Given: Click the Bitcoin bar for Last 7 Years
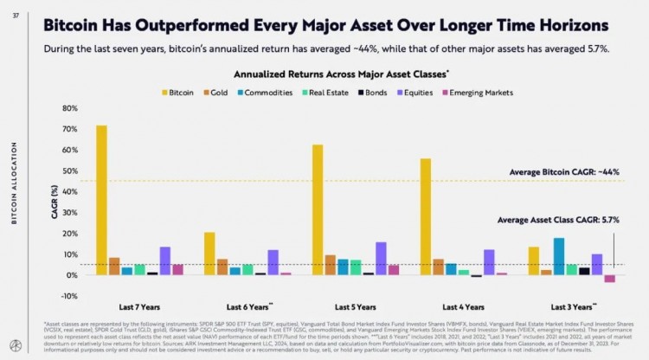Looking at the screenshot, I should click(x=101, y=200).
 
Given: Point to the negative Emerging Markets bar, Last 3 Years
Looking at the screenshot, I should click(x=610, y=279).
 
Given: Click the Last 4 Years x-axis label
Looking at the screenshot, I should click(x=463, y=307).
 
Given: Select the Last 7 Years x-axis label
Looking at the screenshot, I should click(x=138, y=307).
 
